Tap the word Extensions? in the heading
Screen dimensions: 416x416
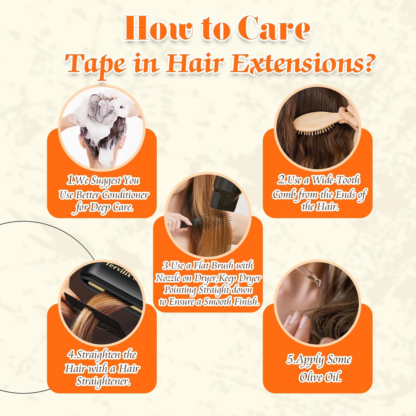[302, 63]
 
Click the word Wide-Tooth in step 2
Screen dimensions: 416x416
[336, 180]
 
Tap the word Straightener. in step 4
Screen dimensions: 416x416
[103, 381]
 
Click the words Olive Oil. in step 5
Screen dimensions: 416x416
[320, 377]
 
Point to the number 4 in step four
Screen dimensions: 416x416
[71, 355]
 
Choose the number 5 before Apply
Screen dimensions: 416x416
[290, 359]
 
